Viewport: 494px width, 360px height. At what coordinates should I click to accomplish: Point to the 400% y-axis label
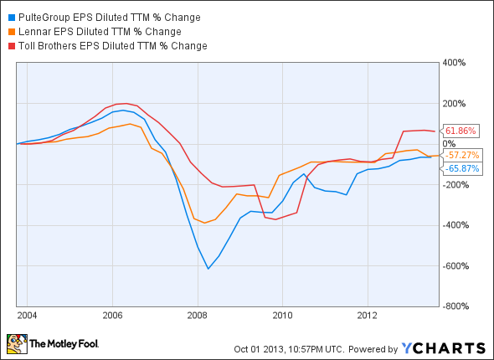455,63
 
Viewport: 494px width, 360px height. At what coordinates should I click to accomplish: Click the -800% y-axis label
456,306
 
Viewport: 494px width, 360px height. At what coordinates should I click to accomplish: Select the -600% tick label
456,266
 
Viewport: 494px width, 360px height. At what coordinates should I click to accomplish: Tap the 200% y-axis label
455,104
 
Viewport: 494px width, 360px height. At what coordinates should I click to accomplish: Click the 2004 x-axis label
27,316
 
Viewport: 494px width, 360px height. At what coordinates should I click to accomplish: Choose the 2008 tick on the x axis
197,316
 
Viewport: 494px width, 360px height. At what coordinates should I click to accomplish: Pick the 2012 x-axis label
368,316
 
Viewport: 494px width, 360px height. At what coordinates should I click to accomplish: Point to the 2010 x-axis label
282,316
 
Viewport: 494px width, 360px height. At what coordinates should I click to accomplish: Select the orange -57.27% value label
461,155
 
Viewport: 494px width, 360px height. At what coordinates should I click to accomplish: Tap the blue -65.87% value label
461,168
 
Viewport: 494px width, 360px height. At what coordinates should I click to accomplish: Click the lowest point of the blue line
208,269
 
